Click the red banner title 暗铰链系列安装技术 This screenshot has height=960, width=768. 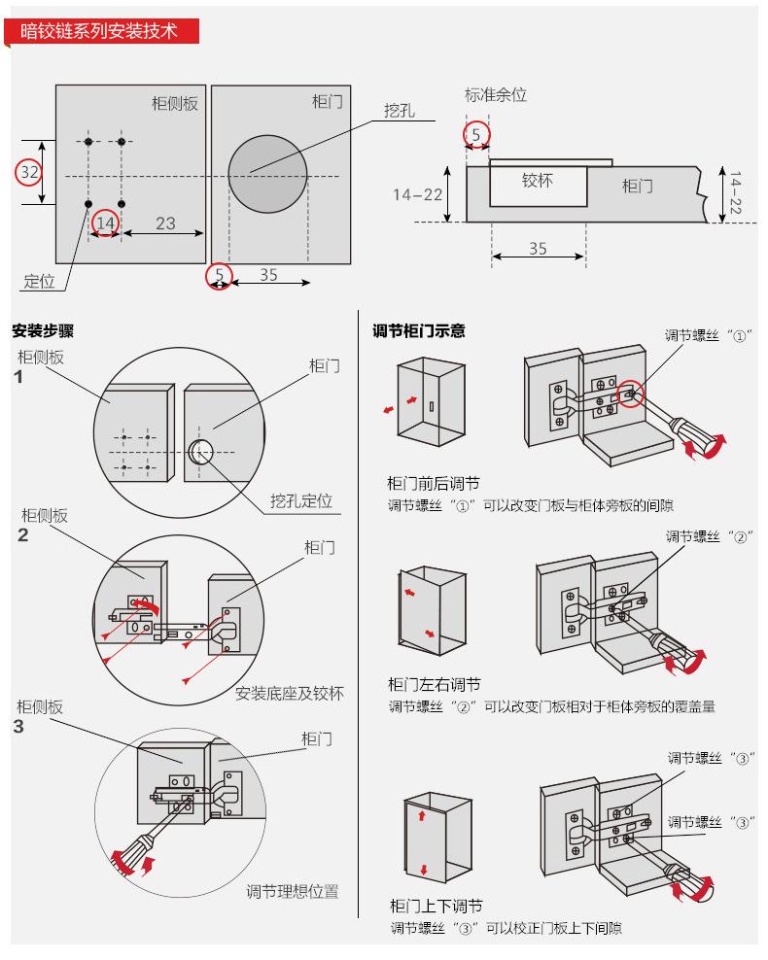pyautogui.click(x=100, y=31)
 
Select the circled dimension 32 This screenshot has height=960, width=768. pyautogui.click(x=30, y=172)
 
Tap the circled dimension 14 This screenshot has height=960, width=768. pyautogui.click(x=105, y=223)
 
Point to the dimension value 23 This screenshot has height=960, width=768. pyautogui.click(x=165, y=223)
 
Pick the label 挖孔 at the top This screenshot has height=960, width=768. pyautogui.click(x=399, y=111)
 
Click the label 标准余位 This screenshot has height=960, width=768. pyautogui.click(x=496, y=95)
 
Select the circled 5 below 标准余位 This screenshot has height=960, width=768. pyautogui.click(x=475, y=134)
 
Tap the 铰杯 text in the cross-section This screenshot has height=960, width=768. pyautogui.click(x=538, y=181)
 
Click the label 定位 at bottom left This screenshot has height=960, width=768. pyautogui.click(x=40, y=282)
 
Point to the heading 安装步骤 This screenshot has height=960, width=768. pyautogui.click(x=43, y=331)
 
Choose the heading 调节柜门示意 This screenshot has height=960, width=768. pyautogui.click(x=419, y=331)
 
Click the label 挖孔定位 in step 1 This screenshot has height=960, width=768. pyautogui.click(x=301, y=501)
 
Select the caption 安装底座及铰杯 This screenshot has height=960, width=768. pyautogui.click(x=289, y=693)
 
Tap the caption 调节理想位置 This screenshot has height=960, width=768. pyautogui.click(x=293, y=891)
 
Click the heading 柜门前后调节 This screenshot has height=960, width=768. pyautogui.click(x=434, y=484)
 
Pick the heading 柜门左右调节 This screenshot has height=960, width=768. pyautogui.click(x=434, y=685)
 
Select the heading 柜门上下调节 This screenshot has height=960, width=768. pyautogui.click(x=435, y=907)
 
